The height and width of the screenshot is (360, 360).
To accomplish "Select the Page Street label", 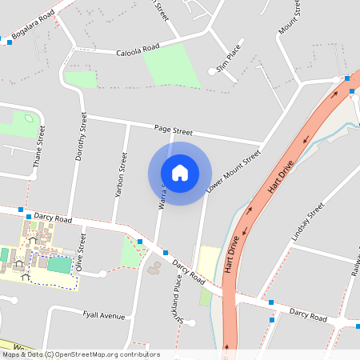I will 174,130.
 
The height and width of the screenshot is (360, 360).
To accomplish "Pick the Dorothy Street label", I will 81,137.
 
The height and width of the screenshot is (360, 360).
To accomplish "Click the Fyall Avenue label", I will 104,316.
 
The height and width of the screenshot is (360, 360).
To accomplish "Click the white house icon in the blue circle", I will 180,173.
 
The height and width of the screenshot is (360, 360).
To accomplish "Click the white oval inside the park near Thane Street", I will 29,119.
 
